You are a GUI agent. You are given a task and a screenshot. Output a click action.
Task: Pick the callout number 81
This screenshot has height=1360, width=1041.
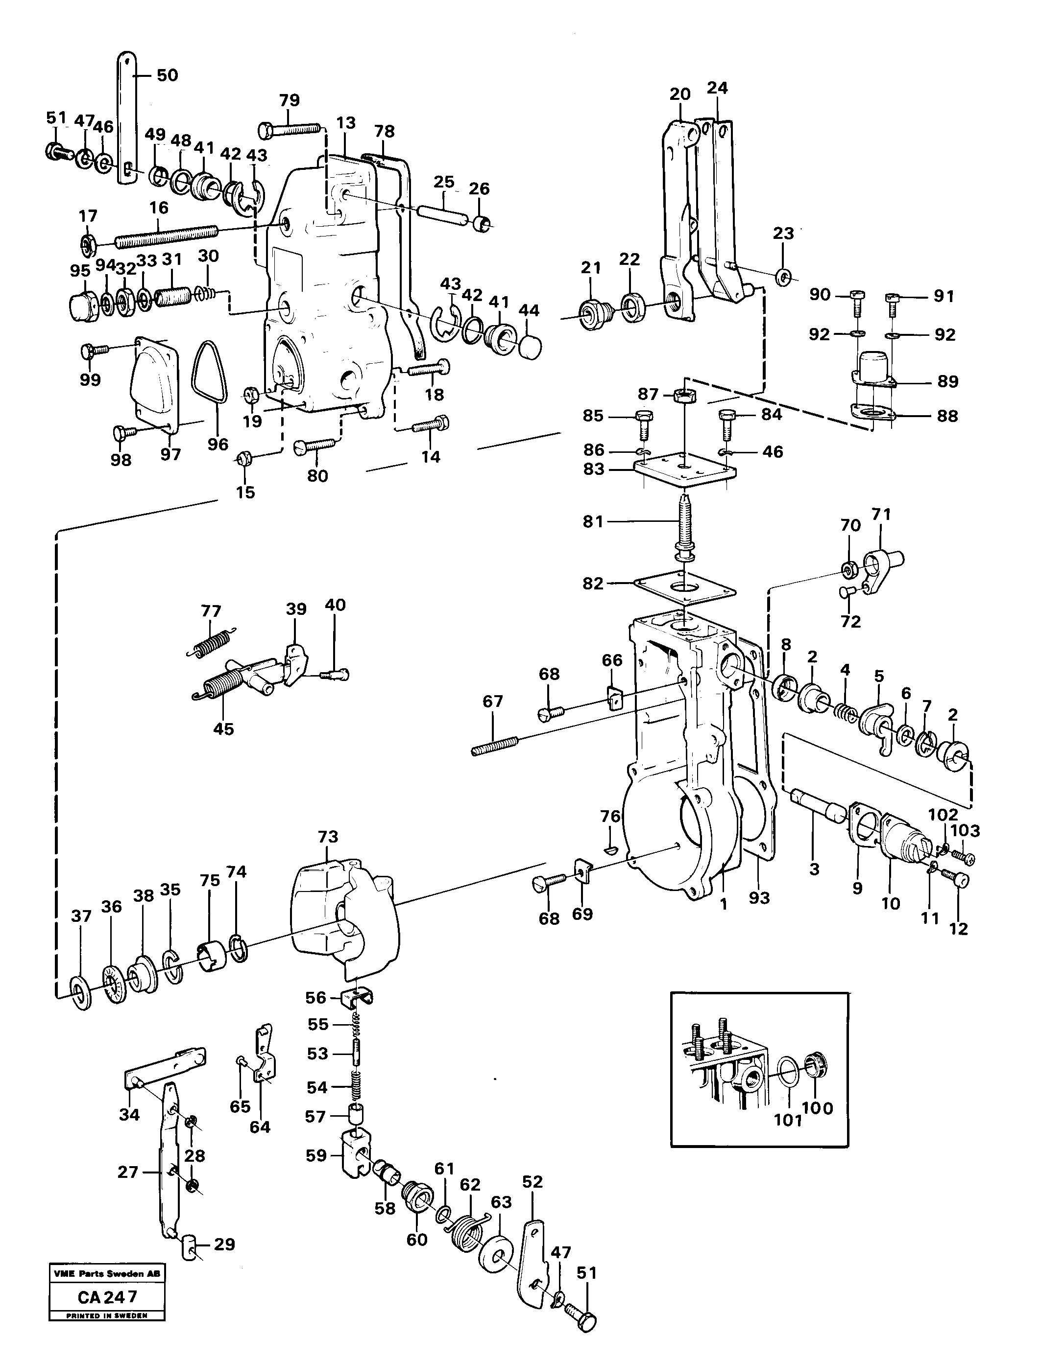coord(592,521)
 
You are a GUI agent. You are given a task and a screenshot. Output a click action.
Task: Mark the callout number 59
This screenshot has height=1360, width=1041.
coord(315,1156)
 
